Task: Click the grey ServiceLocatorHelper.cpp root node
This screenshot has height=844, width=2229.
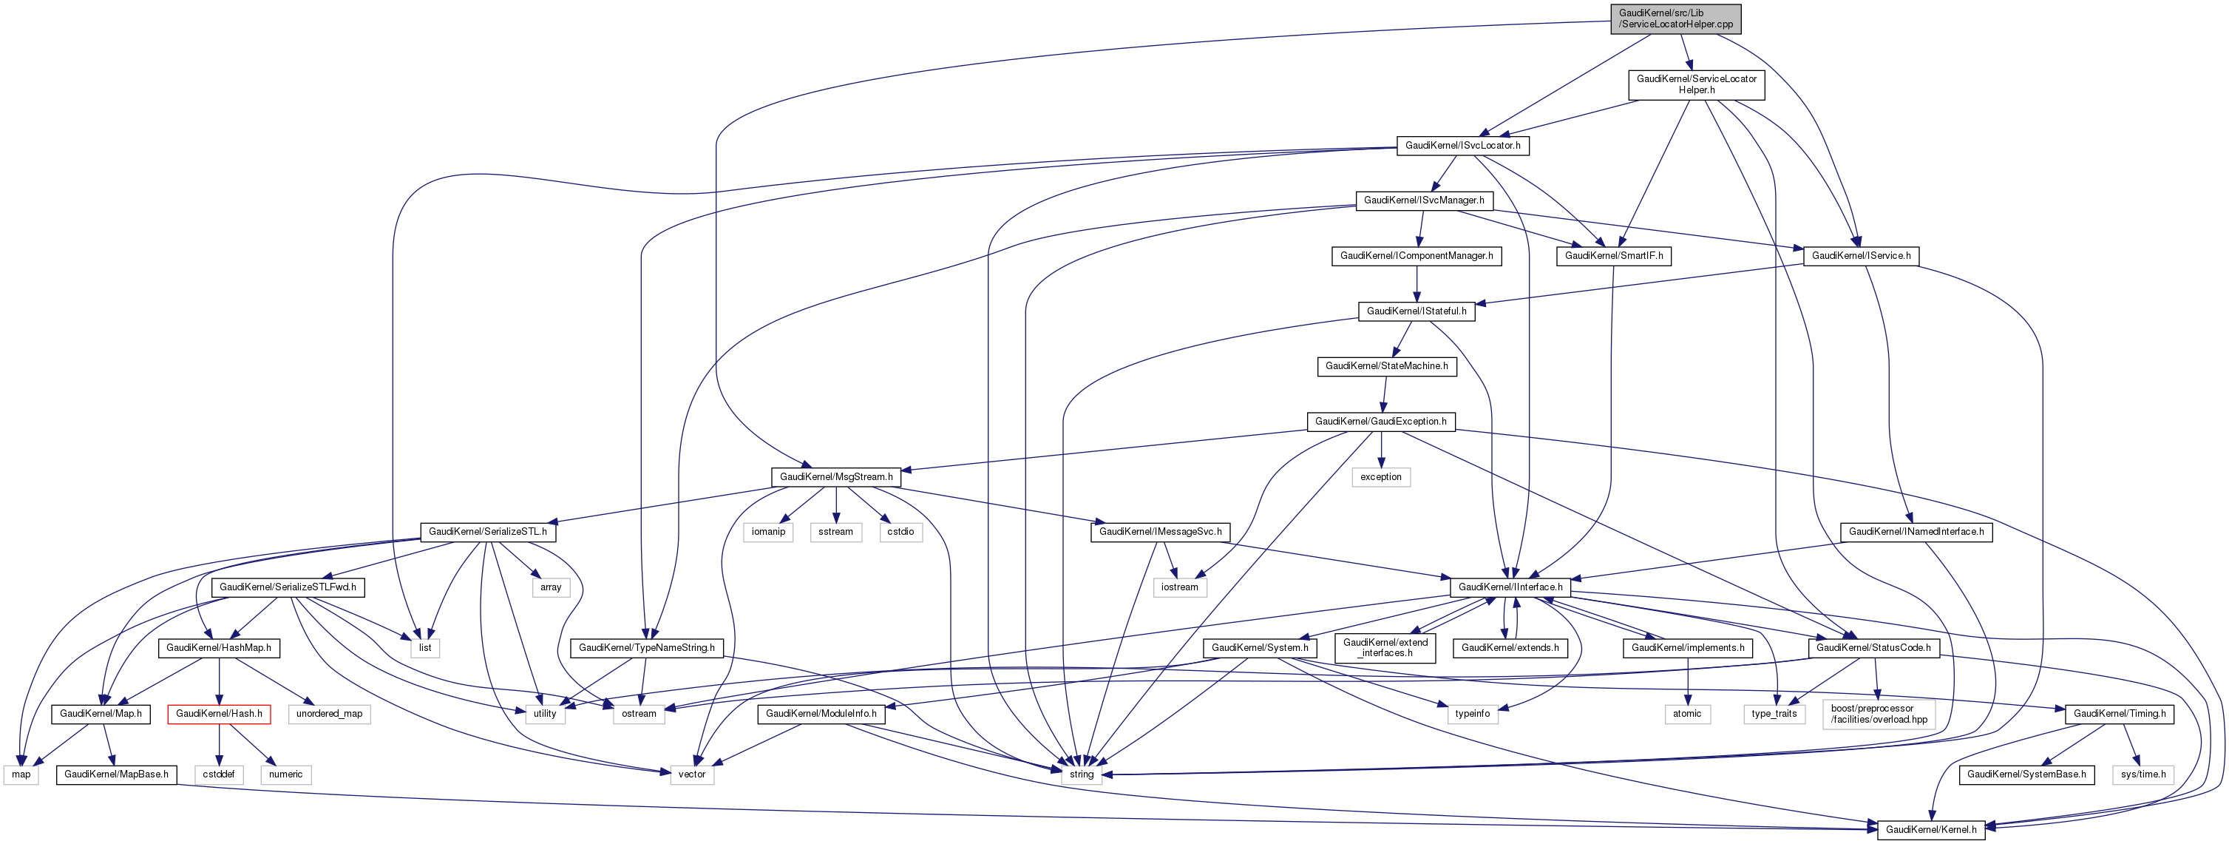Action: (1675, 18)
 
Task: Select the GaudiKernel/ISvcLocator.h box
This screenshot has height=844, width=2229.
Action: (1462, 146)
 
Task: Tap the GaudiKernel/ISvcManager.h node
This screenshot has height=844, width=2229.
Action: (1423, 200)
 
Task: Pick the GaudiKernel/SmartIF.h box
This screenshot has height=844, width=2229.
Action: (1614, 256)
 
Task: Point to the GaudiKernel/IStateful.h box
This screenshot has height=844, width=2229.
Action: (1417, 311)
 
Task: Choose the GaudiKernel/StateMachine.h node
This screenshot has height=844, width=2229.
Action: (1386, 366)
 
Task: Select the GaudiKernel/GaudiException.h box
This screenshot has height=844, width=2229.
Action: (1380, 422)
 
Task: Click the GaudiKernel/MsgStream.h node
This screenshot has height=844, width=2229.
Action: (836, 477)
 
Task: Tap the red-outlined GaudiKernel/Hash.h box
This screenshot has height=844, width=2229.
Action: (219, 714)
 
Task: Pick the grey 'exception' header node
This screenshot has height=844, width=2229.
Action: (1380, 477)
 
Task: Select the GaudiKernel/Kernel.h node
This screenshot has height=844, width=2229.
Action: (1930, 829)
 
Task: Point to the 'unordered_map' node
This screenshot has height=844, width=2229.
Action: (329, 714)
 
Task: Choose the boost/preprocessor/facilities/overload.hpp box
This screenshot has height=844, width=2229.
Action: (1879, 714)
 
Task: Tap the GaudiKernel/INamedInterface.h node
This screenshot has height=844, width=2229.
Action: (1916, 532)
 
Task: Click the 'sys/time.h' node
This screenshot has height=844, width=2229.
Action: (2143, 774)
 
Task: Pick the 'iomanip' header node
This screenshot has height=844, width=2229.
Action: (767, 532)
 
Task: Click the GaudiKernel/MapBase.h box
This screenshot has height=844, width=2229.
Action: (116, 774)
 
